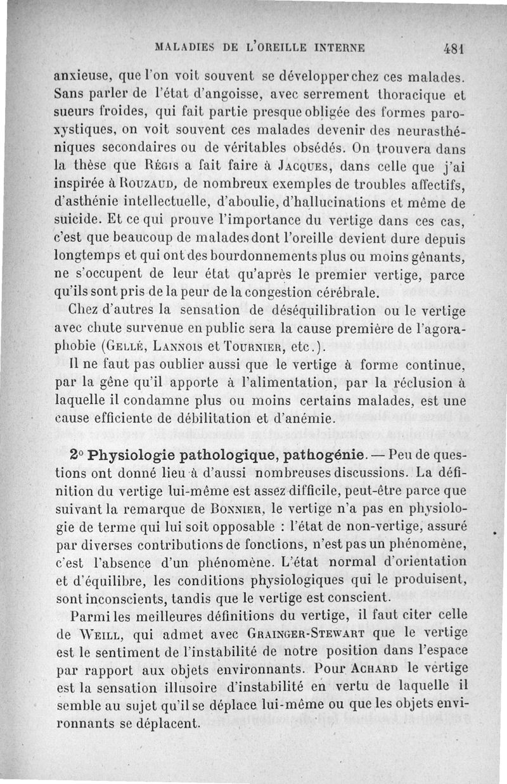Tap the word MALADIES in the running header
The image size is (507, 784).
[x=183, y=47]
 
